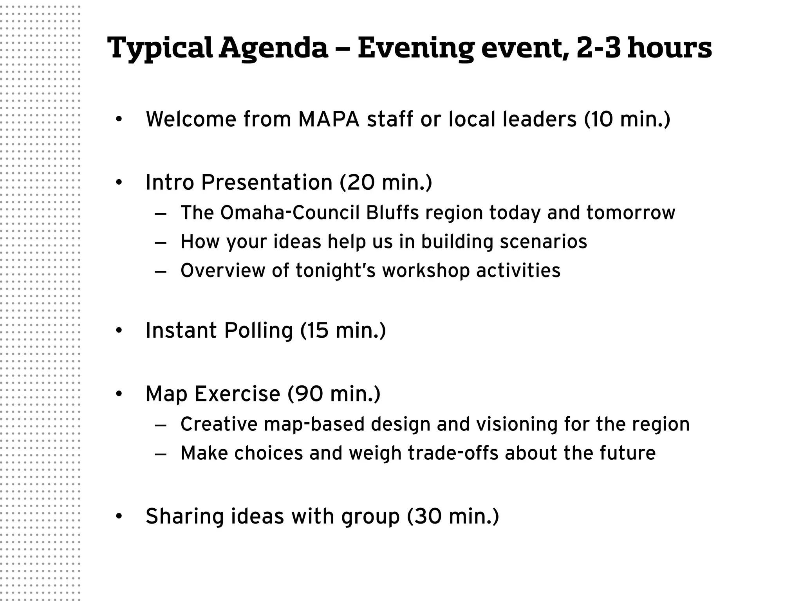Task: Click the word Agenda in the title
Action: point(273,48)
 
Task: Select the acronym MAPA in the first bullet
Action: point(329,119)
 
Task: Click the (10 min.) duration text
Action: point(627,119)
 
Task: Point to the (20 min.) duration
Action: point(386,182)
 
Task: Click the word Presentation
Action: point(267,182)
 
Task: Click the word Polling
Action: point(258,330)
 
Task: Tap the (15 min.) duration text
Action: point(343,330)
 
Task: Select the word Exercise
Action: point(237,394)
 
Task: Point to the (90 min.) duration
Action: point(334,394)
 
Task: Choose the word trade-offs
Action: point(453,453)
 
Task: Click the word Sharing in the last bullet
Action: point(184,516)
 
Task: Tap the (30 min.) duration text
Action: point(453,516)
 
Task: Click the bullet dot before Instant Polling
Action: point(119,331)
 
